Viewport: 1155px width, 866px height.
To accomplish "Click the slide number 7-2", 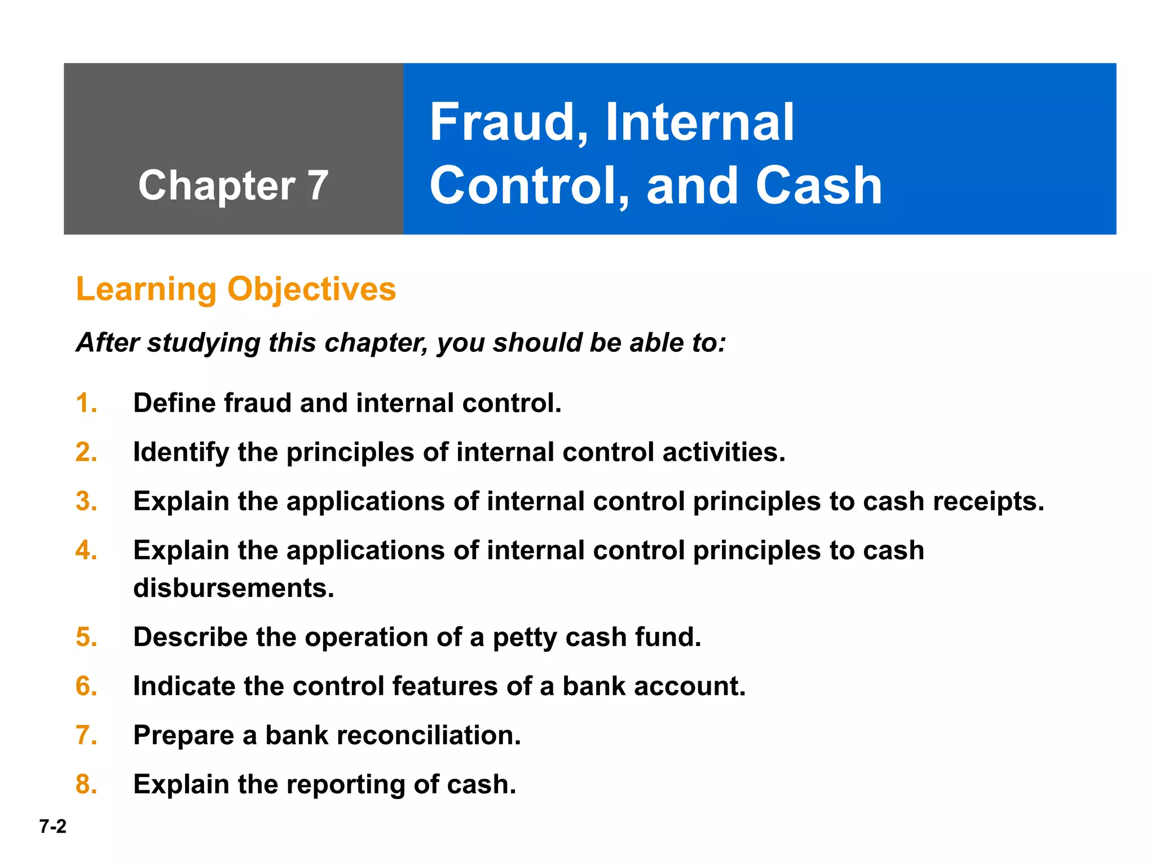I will [x=52, y=827].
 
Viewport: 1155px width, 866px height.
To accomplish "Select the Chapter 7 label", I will [x=233, y=185].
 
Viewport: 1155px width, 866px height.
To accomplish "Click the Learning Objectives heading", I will [x=236, y=289].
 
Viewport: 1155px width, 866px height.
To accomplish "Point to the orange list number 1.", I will [x=86, y=403].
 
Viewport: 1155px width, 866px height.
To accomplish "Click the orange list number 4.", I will [x=86, y=550].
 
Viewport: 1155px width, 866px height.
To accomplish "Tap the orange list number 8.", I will [x=86, y=784].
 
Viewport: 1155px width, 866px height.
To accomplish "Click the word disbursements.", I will [x=233, y=588].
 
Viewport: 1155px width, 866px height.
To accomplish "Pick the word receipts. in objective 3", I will [x=988, y=501].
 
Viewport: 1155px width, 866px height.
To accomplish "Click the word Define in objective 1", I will [x=174, y=403].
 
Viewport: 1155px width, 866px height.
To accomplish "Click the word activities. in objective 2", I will [x=724, y=452].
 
